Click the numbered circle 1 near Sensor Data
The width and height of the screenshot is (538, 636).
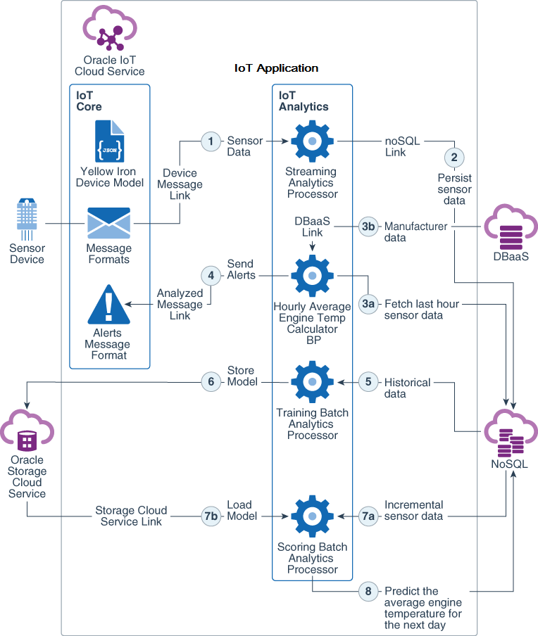[x=211, y=141]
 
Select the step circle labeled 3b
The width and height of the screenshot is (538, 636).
[x=368, y=227]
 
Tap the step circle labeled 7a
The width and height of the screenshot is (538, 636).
[x=368, y=516]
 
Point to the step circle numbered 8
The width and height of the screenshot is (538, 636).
[x=368, y=592]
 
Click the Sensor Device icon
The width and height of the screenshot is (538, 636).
[x=27, y=220]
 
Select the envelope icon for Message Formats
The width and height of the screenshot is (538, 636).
[x=108, y=224]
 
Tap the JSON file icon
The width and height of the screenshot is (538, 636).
[x=109, y=142]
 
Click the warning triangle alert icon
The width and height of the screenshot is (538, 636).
[x=108, y=305]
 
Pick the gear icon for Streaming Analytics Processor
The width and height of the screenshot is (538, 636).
[x=311, y=142]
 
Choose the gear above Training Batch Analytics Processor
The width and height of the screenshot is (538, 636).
[x=311, y=383]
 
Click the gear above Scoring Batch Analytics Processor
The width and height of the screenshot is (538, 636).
[x=311, y=516]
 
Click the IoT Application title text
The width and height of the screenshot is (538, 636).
[x=276, y=68]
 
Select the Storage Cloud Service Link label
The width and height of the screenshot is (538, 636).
[x=132, y=516]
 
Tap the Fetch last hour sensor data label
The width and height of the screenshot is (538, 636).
[x=413, y=310]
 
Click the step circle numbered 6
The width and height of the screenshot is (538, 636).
[x=211, y=382]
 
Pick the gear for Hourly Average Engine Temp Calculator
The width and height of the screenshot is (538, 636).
[x=311, y=276]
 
